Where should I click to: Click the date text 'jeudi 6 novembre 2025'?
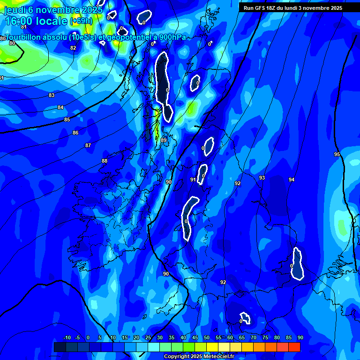53,10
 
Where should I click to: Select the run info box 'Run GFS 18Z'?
292,8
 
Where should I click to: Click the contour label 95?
337,154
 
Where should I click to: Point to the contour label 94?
292,180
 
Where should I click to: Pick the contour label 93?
262,178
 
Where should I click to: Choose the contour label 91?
193,180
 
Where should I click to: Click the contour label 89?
164,140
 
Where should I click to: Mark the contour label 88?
105,161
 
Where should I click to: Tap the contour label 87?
88,145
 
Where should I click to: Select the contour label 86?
75,133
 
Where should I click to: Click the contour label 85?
67,120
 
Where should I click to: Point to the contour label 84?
60,107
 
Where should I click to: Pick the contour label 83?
52,95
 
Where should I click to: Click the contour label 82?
73,48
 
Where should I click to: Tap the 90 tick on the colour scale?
300,337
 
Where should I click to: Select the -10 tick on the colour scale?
67,337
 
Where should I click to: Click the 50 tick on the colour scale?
207,337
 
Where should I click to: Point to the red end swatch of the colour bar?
294,347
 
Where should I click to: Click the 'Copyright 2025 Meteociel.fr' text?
199,357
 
